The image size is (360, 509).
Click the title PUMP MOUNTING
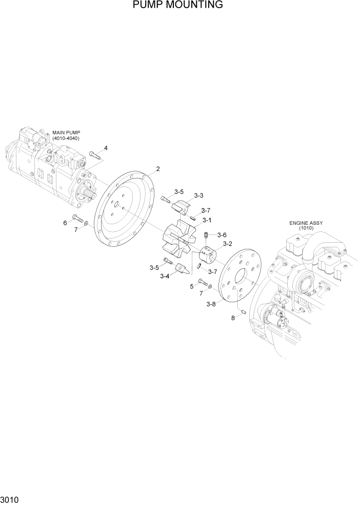(177, 5)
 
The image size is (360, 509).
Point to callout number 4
(106, 148)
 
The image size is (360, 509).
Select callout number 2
(158, 168)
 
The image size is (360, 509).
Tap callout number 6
(65, 223)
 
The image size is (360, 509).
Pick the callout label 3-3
(198, 195)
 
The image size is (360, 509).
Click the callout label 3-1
(207, 220)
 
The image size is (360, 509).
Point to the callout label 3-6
(222, 234)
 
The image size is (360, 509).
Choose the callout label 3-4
(165, 276)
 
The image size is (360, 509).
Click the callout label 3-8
(211, 304)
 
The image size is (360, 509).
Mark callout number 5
(192, 286)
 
